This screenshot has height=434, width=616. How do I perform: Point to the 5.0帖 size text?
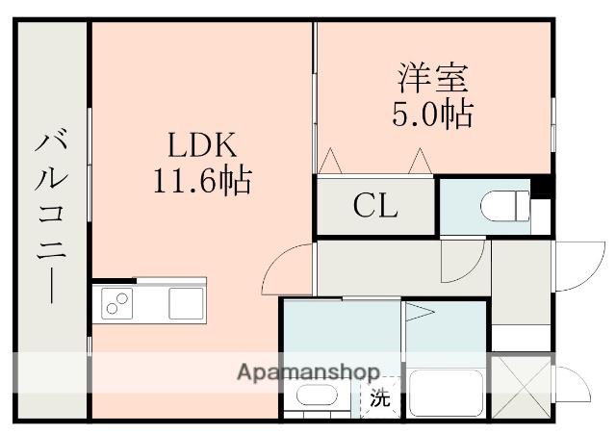tap(430, 114)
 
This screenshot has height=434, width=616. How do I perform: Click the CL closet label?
tap(374, 206)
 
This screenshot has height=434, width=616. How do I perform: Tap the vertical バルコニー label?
tap(51, 217)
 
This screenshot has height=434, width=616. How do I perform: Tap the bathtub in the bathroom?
tap(445, 394)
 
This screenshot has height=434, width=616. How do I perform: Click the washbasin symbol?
tap(315, 396)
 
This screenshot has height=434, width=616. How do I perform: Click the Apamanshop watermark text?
tap(307, 371)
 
